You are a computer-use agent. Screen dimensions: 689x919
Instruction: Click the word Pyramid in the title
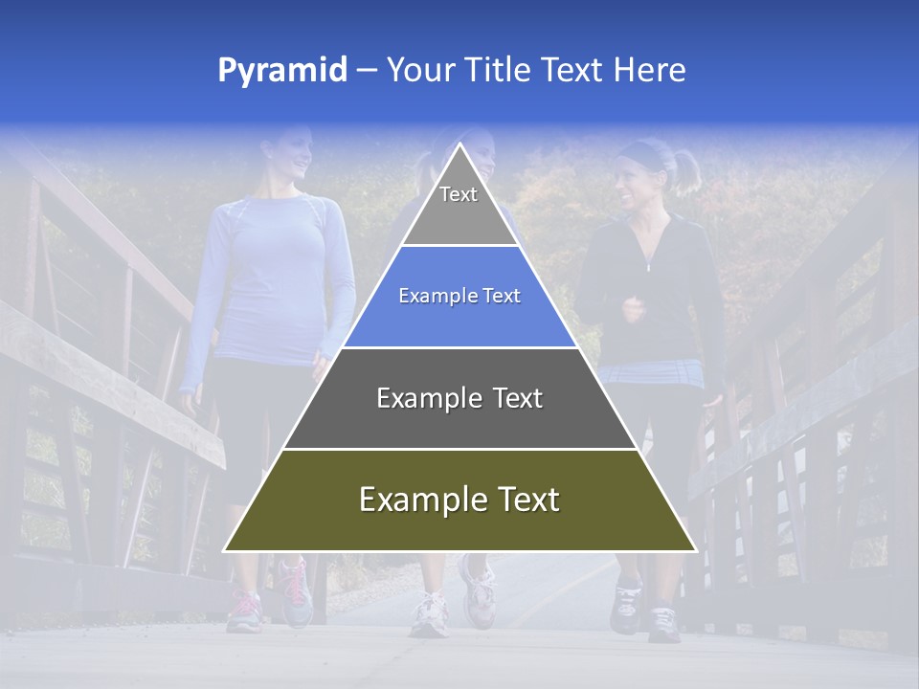pyautogui.click(x=282, y=71)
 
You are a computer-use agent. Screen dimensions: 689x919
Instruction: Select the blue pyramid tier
pyautogui.click(x=459, y=297)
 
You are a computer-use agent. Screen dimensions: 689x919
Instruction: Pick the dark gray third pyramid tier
pyautogui.click(x=459, y=398)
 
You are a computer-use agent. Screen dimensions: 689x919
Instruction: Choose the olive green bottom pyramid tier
pyautogui.click(x=459, y=500)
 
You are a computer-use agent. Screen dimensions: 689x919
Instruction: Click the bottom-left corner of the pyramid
pyautogui.click(x=226, y=550)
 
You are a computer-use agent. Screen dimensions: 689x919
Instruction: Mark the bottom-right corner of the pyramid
pyautogui.click(x=694, y=550)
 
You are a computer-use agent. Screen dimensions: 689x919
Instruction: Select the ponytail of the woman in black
pyautogui.click(x=687, y=170)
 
